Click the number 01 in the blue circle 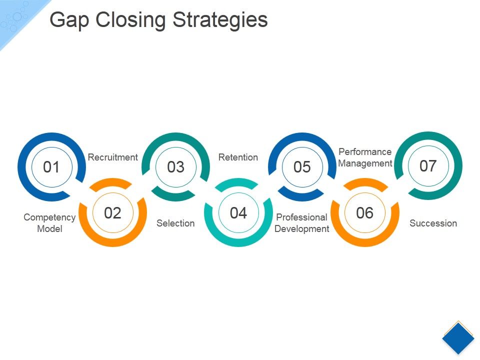[51, 167]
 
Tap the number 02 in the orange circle [113, 213]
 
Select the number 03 [175, 167]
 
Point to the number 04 [238, 213]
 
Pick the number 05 [302, 167]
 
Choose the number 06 [364, 213]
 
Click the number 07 [428, 165]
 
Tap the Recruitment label [112, 157]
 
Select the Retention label [238, 157]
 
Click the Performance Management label [365, 157]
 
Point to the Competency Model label [49, 223]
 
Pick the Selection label [175, 223]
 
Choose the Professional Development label [302, 223]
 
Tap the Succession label [433, 223]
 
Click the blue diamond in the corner [458, 338]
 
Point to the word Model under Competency [49, 229]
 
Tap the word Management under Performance [365, 163]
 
